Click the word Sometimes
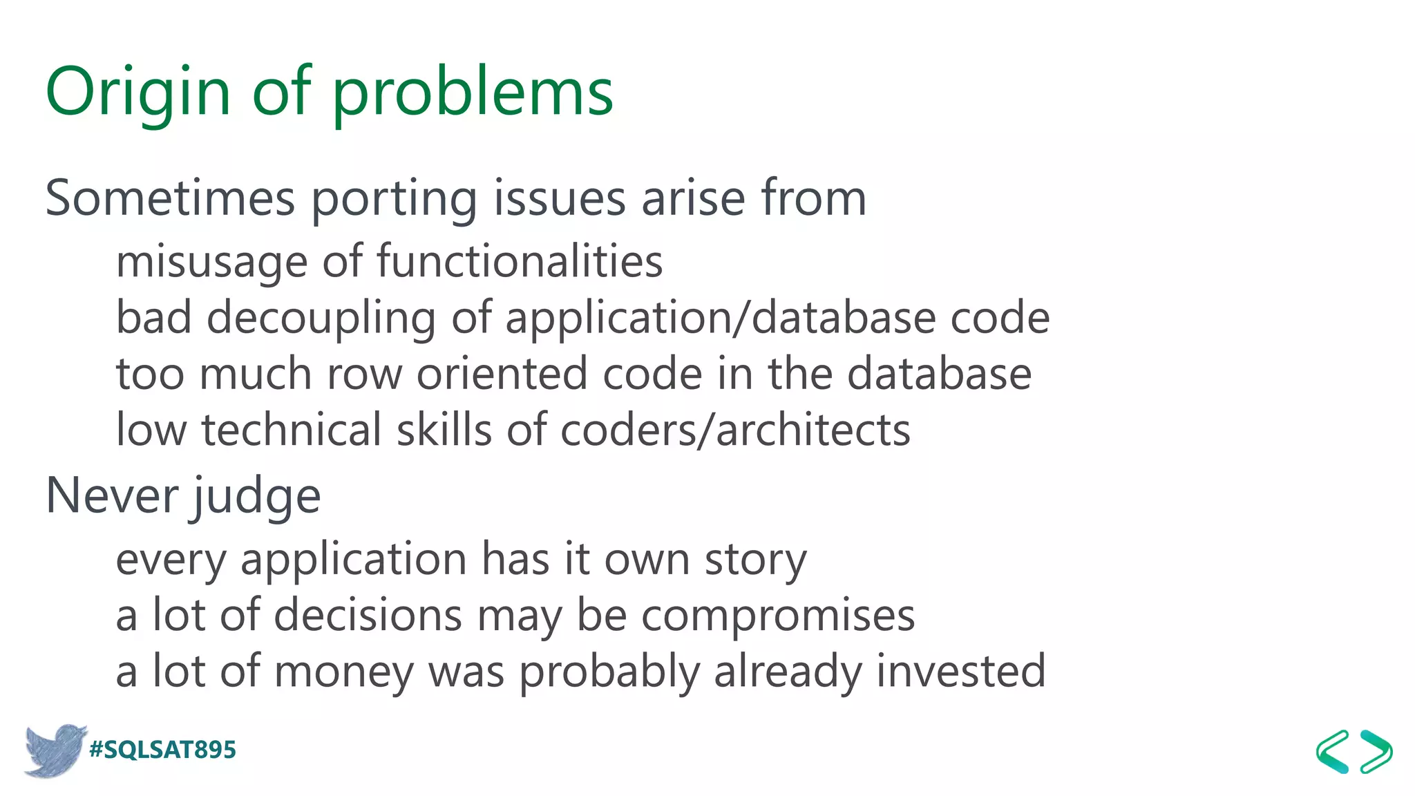170,198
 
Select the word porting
394,200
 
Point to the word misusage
211,263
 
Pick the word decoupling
321,319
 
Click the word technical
291,430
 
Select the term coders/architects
735,430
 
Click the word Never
112,495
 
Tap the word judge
257,497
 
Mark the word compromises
778,616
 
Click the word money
343,673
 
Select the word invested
961,672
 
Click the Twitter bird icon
54,750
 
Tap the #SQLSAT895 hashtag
163,750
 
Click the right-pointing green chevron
1376,751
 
